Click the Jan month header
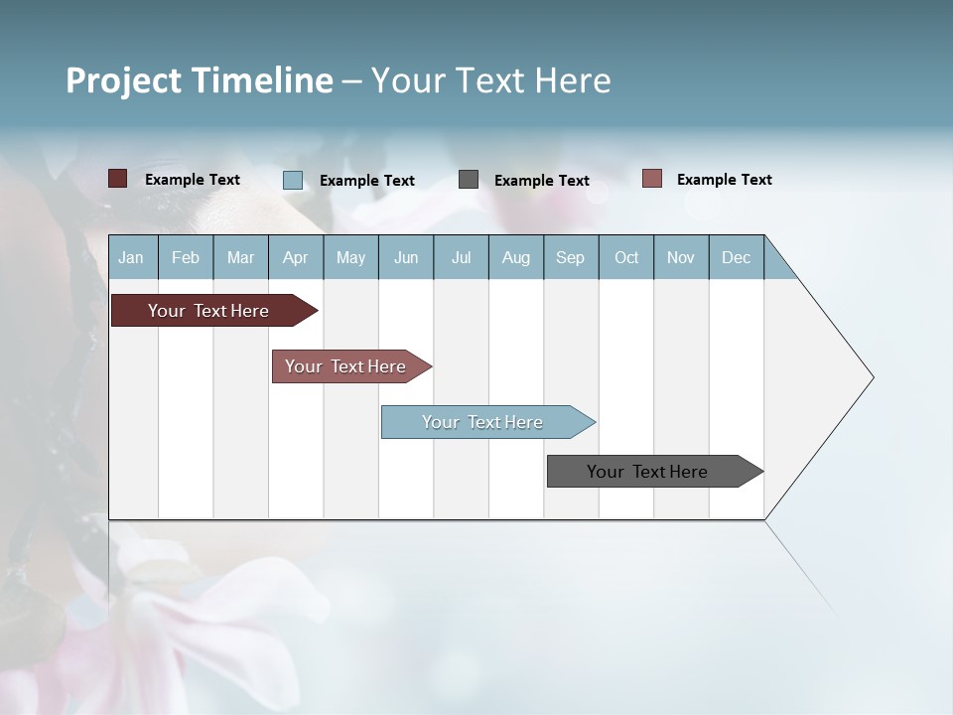132,257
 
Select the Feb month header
186,257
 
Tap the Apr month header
296,257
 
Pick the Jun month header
406,257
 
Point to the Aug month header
516,257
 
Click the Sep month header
571,257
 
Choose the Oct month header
626,257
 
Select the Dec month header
737,257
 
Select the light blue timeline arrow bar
483,422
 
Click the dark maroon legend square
117,179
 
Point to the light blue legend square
293,180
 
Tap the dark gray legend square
469,180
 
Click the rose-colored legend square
651,179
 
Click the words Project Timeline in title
199,80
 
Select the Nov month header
681,257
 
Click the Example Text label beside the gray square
542,181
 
